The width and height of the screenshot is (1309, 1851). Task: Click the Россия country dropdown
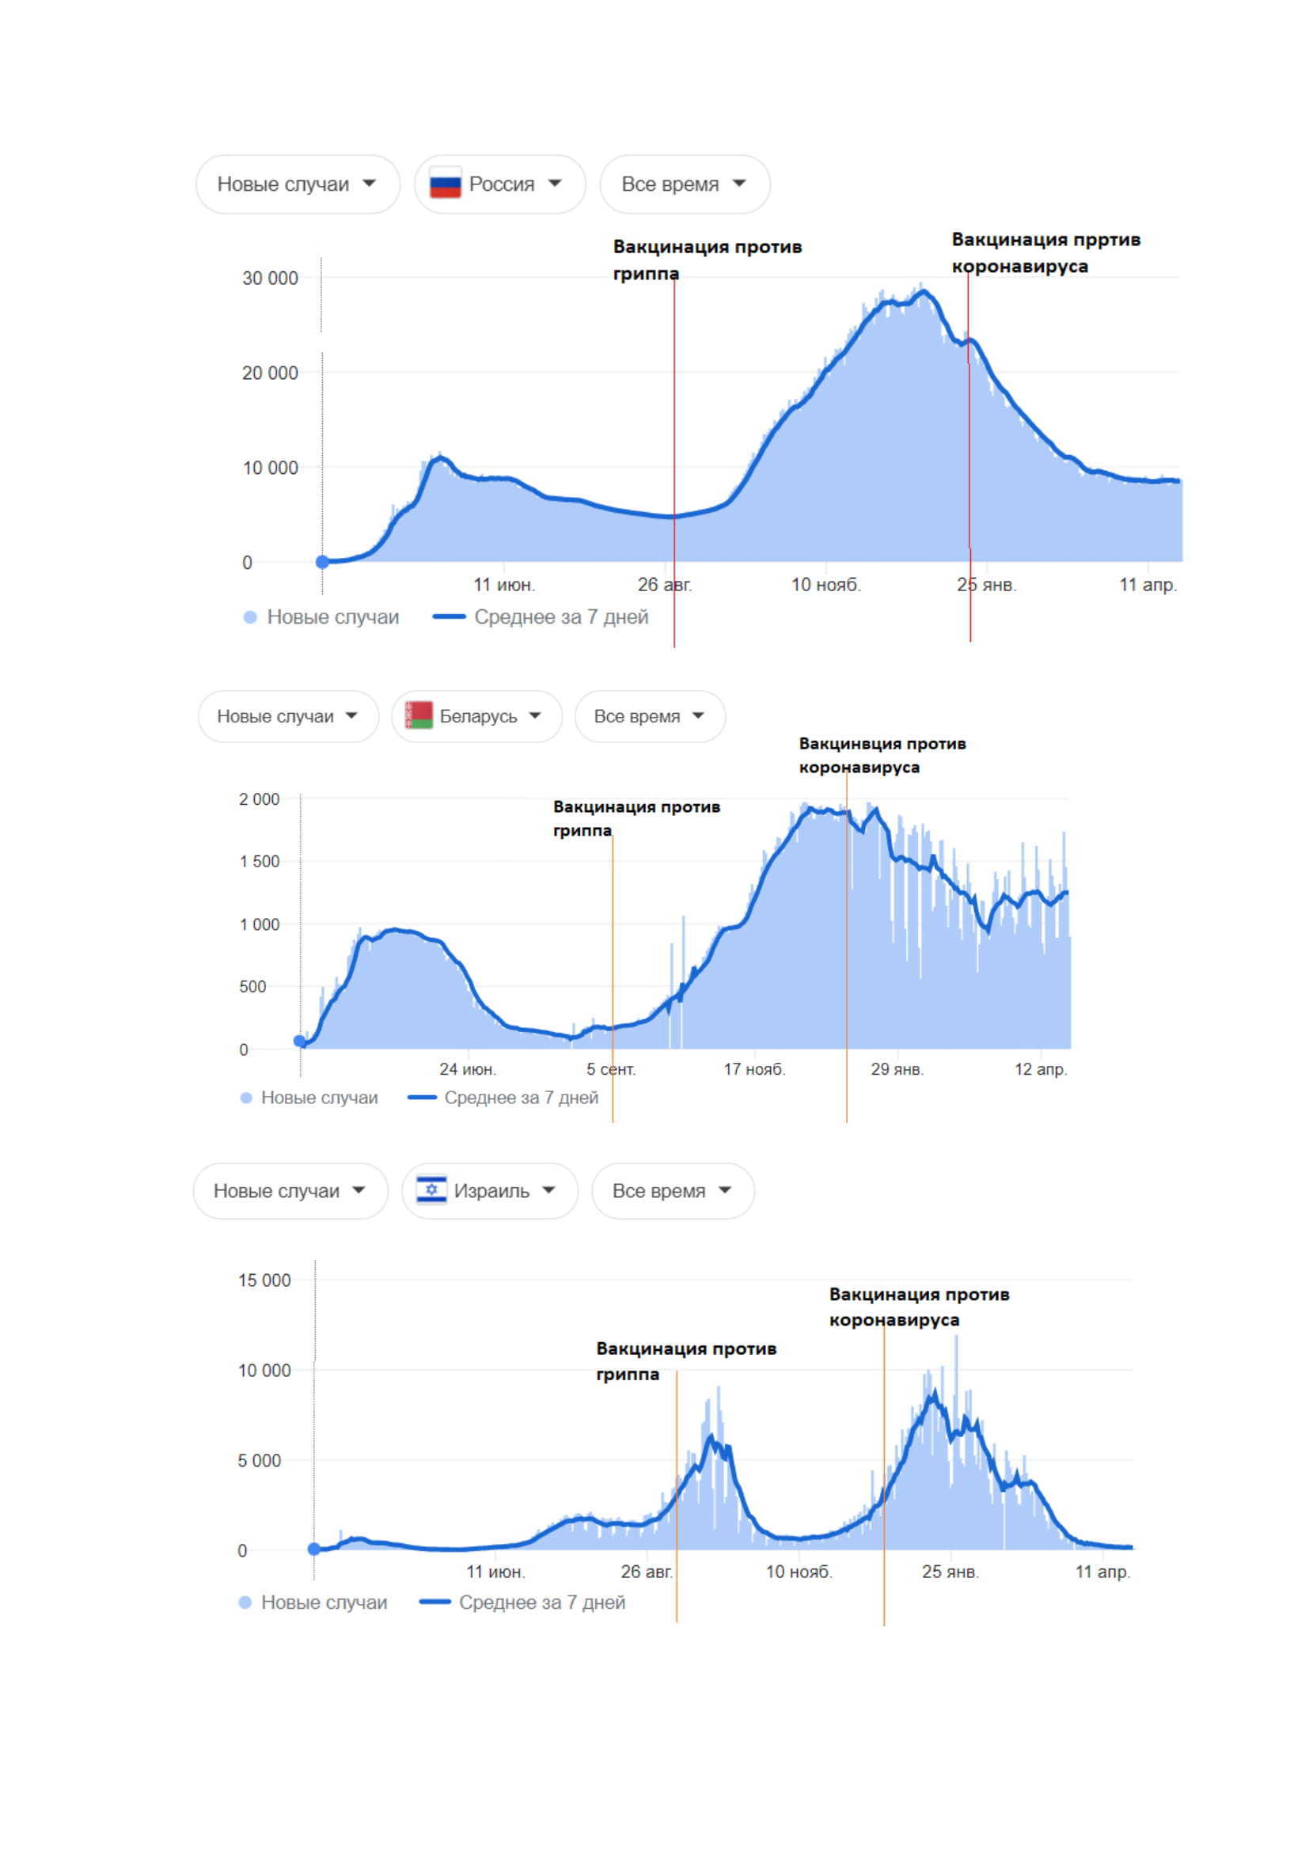pos(499,184)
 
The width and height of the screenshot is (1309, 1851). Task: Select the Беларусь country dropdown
pos(476,716)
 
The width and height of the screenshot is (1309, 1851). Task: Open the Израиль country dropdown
pos(489,1191)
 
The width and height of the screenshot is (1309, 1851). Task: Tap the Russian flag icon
pos(445,184)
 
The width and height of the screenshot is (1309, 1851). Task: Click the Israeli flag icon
pos(431,1190)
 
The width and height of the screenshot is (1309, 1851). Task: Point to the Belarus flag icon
pos(419,715)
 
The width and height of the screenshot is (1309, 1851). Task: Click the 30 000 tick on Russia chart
pos(270,278)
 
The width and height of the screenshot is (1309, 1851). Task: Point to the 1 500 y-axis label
pos(259,861)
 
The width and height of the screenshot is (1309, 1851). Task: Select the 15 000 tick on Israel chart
pos(264,1280)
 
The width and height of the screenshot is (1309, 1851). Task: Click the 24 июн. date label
pos(468,1069)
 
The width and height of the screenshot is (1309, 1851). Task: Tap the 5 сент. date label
pos(610,1069)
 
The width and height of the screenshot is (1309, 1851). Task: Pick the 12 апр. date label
pos(1040,1069)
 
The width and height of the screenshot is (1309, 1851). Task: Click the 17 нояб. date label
pos(753,1069)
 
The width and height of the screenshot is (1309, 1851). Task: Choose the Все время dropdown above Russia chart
pos(685,184)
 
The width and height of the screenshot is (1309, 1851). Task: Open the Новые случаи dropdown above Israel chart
pos(290,1191)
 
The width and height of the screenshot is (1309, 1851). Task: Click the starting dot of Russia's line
pos(322,562)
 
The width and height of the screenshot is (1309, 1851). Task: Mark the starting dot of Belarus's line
pos(300,1041)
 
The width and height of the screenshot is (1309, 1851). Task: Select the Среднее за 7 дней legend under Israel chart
pos(541,1602)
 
